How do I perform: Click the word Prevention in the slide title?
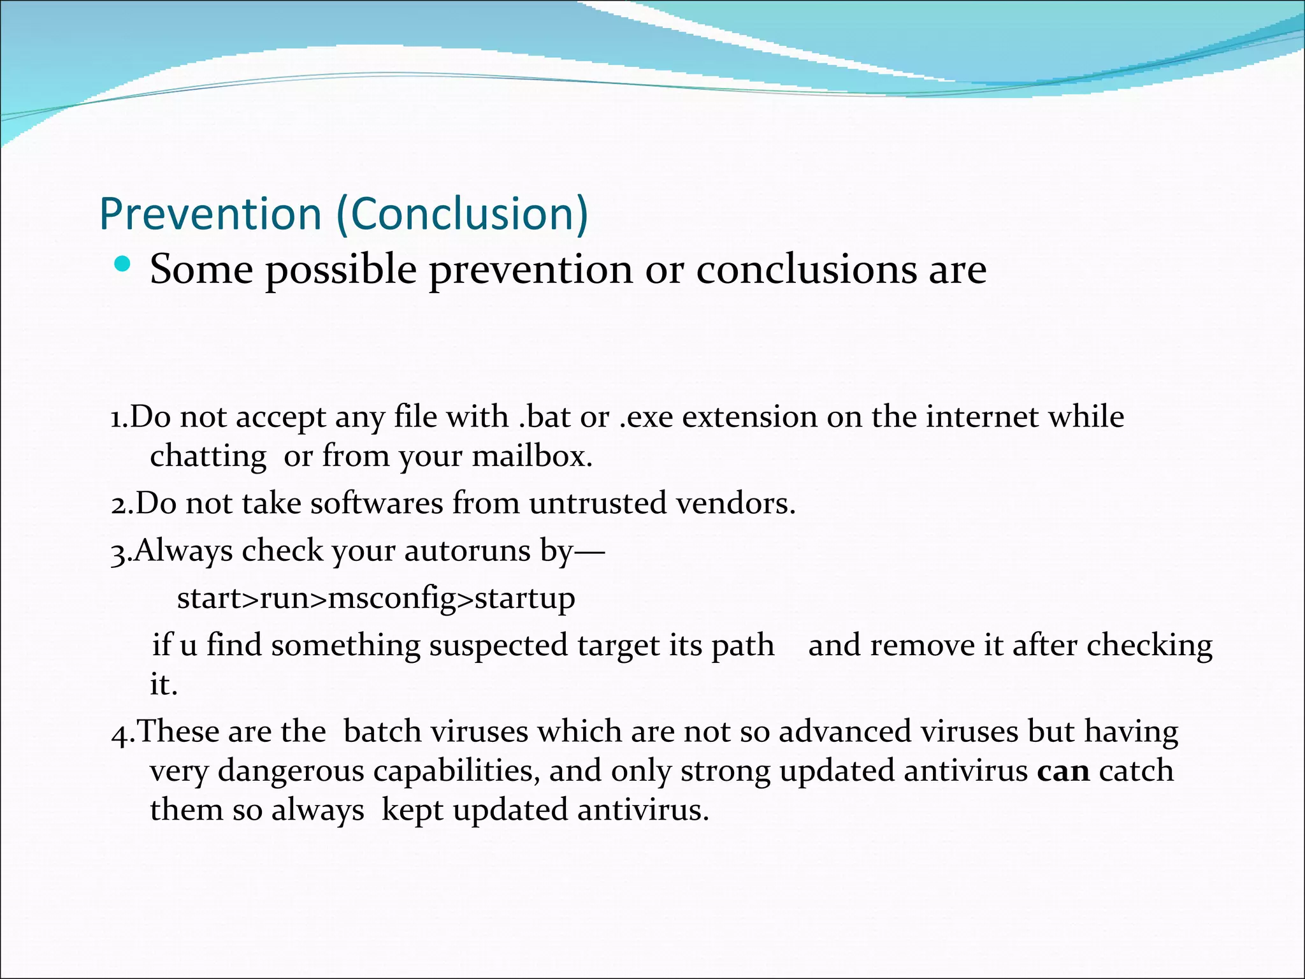210,214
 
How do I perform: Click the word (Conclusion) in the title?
462,214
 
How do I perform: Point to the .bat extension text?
545,417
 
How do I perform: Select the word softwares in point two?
377,504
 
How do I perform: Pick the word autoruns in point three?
467,551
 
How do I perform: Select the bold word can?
1063,771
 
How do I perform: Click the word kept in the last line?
412,811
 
